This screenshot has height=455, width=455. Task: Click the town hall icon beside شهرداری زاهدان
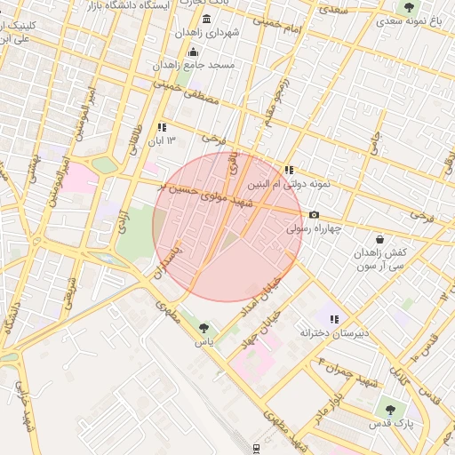pos(207,20)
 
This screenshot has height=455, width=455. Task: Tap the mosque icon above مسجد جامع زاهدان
pos(194,52)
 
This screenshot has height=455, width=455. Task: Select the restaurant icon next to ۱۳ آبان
pos(162,128)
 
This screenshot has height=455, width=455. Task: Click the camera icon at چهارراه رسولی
pos(314,215)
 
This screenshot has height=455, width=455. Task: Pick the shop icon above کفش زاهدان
pos(380,239)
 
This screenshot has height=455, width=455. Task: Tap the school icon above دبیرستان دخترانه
pos(334,318)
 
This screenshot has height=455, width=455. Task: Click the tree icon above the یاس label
pos(206,327)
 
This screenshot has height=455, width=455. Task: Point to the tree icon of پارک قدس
pos(389,409)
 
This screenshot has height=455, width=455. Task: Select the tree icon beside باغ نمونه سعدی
pos(408,8)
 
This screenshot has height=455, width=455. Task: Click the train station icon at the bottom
pos(256,448)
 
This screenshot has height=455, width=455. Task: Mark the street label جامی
pos(376,143)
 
